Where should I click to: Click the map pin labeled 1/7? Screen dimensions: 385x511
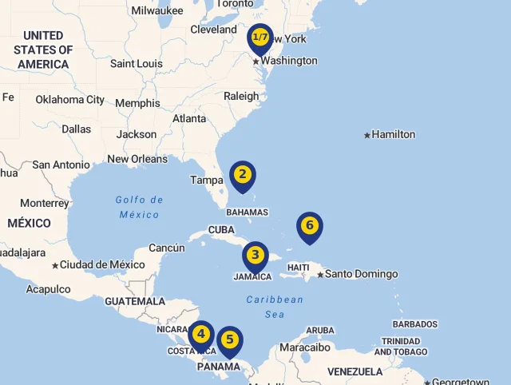(260, 38)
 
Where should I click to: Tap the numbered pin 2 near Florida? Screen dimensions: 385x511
(243, 175)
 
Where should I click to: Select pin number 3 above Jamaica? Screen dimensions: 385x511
(255, 256)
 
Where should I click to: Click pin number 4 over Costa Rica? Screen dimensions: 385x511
(201, 334)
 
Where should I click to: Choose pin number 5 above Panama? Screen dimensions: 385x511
(230, 339)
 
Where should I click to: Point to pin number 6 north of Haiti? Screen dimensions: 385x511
(310, 226)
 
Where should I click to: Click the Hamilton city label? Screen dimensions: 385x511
(394, 135)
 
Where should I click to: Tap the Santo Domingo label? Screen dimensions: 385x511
(361, 274)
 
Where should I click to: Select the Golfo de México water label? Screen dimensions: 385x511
(139, 207)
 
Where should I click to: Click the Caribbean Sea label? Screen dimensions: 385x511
(275, 307)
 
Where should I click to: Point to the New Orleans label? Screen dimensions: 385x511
(137, 159)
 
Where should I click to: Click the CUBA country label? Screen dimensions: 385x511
(221, 230)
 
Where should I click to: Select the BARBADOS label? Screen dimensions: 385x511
(414, 324)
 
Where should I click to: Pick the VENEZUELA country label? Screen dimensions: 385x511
(355, 371)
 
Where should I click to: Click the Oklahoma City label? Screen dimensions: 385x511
(69, 100)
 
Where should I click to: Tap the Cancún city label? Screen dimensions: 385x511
(167, 248)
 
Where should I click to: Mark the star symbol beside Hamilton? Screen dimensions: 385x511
(367, 135)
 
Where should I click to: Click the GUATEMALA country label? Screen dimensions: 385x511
(135, 302)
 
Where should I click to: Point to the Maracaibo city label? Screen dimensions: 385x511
(304, 347)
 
